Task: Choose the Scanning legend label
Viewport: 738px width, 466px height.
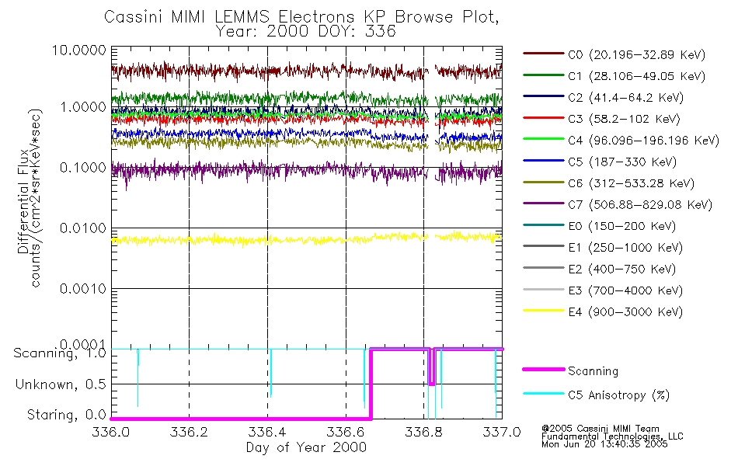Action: (x=593, y=371)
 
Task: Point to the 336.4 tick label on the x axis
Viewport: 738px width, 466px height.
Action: (x=267, y=432)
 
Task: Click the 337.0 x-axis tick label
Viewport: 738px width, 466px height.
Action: (x=502, y=432)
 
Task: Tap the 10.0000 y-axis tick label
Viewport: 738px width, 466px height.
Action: (x=79, y=50)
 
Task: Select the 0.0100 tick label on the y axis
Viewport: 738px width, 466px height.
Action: (x=83, y=228)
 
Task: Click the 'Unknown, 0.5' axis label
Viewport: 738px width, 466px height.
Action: (x=61, y=384)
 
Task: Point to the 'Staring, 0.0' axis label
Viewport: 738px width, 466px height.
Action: (x=67, y=415)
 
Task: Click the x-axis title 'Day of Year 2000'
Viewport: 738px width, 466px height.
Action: (x=306, y=447)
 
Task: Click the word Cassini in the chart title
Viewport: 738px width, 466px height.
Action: (x=133, y=17)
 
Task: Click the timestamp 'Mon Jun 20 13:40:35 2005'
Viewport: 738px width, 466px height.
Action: (x=604, y=444)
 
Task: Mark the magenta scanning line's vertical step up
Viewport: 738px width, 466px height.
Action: (x=371, y=384)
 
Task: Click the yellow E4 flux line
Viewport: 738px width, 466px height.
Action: (x=306, y=239)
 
